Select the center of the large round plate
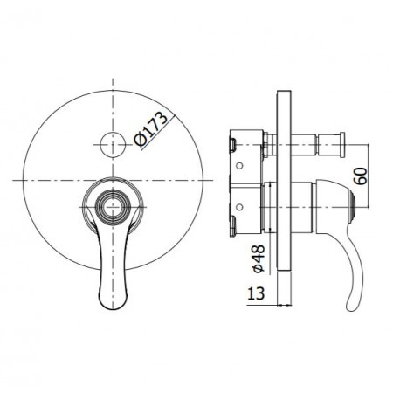(112, 181)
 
